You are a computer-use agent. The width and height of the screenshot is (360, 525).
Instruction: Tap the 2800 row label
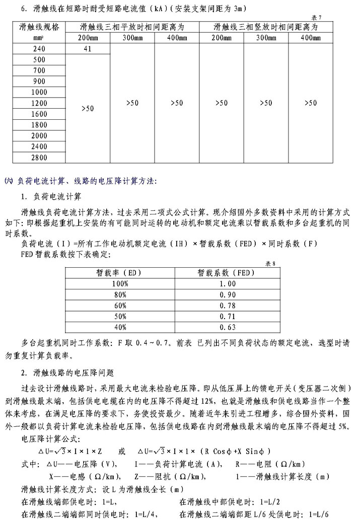click(x=39, y=158)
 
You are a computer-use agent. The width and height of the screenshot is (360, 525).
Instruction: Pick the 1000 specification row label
click(x=39, y=93)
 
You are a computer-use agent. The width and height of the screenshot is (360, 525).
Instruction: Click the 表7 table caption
click(x=331, y=18)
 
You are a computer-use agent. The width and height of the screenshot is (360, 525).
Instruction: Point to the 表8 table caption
click(x=271, y=264)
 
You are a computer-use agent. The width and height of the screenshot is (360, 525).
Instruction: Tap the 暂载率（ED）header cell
click(x=120, y=273)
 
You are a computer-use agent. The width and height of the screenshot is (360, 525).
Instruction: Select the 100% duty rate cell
click(x=120, y=284)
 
